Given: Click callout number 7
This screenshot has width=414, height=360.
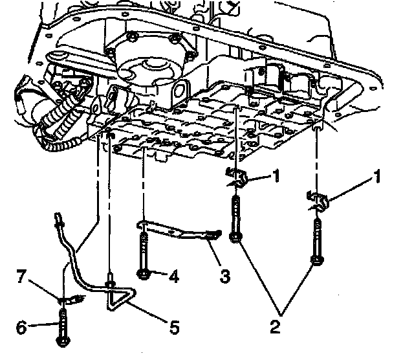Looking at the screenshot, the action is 22,276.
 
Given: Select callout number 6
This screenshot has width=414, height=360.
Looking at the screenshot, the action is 21,328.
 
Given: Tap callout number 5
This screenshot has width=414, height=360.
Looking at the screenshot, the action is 174,327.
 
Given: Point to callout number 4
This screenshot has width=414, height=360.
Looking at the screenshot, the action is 174,276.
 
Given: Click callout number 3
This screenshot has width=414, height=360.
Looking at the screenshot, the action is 224,276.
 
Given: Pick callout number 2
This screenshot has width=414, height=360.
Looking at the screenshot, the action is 275,326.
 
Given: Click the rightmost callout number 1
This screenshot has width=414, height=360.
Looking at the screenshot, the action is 378,176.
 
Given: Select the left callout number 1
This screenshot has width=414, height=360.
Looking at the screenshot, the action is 276,175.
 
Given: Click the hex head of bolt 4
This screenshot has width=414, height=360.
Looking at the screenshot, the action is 143,274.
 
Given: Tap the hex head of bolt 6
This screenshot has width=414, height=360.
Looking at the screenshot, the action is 63,341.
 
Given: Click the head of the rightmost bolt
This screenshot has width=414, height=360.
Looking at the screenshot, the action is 317,260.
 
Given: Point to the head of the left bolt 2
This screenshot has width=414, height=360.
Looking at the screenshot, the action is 235,237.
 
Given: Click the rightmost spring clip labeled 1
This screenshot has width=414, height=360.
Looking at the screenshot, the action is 318,201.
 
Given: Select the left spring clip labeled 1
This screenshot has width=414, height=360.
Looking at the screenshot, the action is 237,177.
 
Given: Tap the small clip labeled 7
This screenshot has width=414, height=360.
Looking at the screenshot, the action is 71,300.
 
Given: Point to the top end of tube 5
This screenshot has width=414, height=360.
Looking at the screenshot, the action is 58,219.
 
